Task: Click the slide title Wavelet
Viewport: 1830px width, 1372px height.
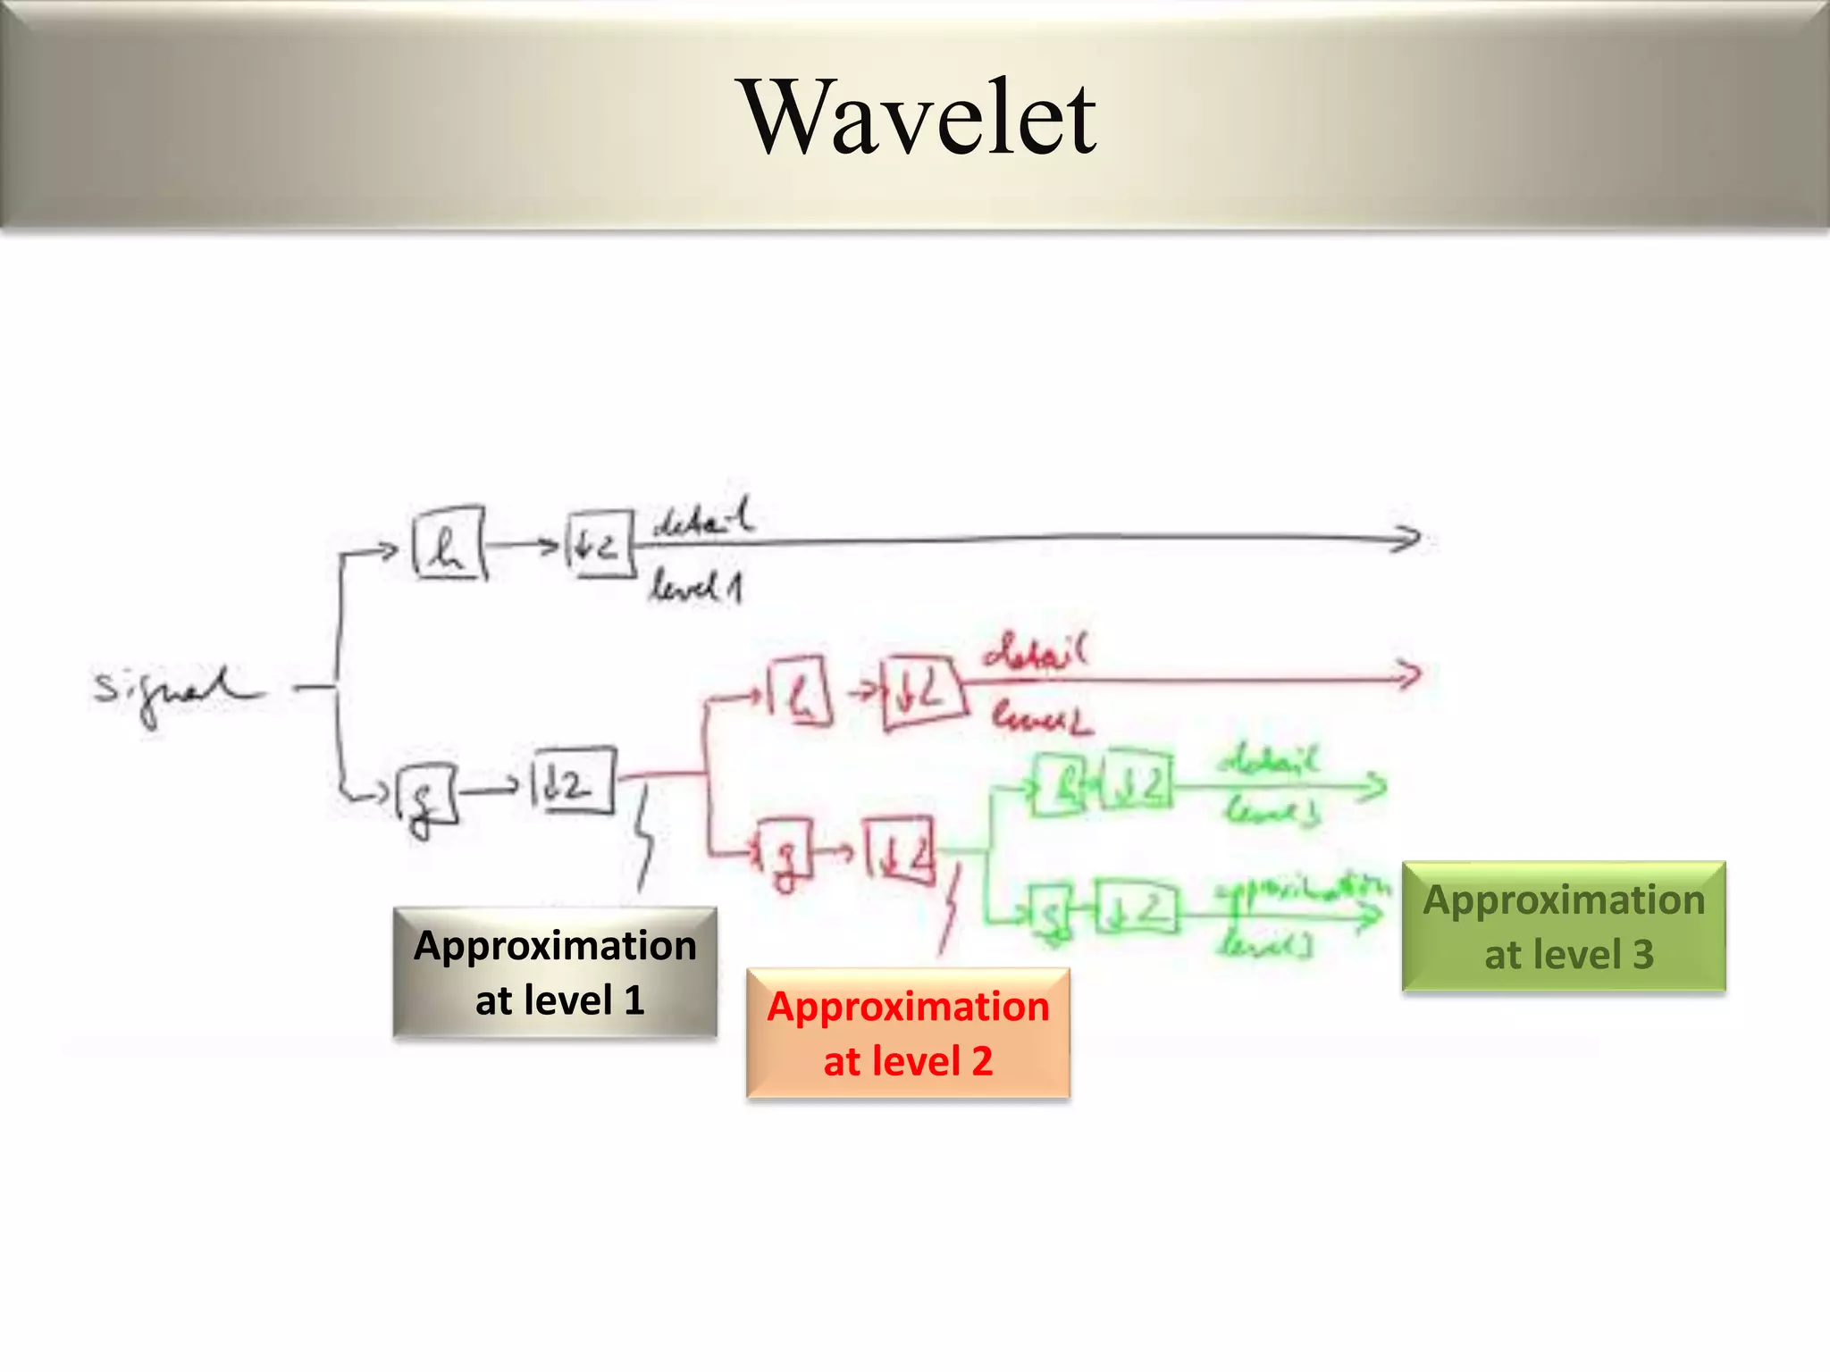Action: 920,117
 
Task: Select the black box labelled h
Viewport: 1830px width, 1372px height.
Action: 449,544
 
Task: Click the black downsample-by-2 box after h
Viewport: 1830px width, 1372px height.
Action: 600,544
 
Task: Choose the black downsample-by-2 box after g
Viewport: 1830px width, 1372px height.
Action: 572,781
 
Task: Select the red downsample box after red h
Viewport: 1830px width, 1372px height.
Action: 922,692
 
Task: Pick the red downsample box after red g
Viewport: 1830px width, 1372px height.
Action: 900,850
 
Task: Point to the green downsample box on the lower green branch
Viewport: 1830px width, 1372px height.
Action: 1137,908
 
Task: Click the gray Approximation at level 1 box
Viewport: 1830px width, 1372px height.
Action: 555,972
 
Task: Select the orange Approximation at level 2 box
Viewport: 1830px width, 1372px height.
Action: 908,1033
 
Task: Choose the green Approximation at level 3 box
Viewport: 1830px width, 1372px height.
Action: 1564,926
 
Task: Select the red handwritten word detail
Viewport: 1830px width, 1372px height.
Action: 1036,652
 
